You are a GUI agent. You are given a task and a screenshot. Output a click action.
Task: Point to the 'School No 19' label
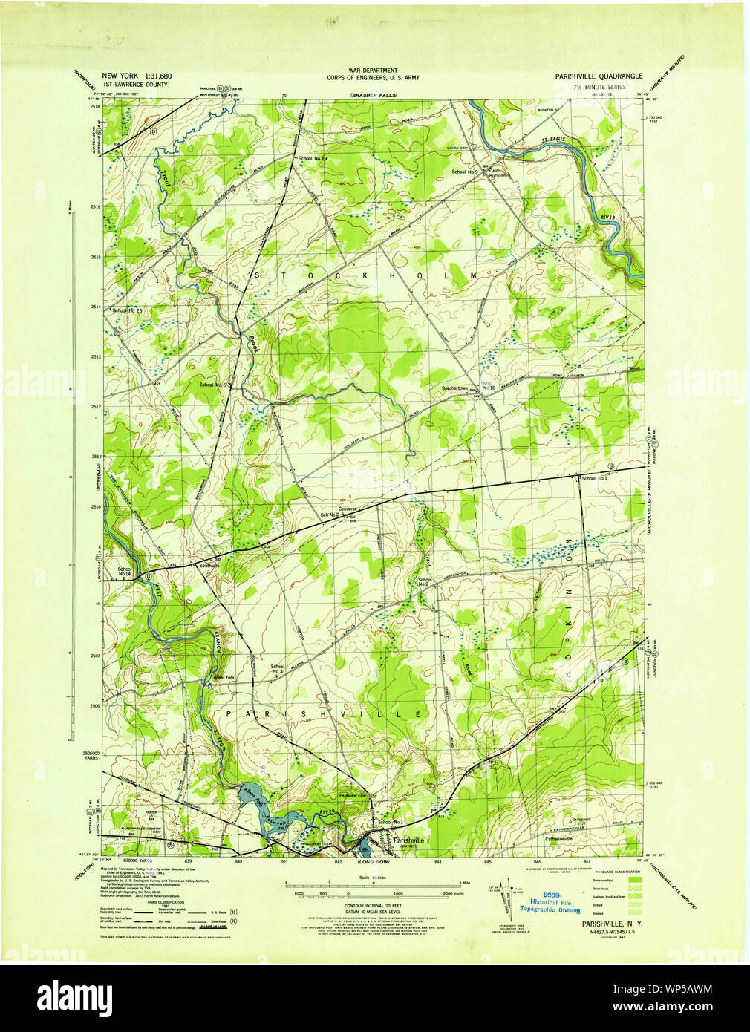[x=313, y=159]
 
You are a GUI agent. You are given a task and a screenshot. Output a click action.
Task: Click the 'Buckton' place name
[x=497, y=176]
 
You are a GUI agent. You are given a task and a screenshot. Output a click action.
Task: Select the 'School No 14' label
[x=124, y=572]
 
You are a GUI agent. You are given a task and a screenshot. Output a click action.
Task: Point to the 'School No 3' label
[x=278, y=670]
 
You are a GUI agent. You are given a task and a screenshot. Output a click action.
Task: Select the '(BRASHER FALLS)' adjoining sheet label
[x=374, y=95]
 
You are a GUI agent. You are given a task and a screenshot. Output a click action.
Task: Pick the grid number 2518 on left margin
[x=95, y=107]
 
